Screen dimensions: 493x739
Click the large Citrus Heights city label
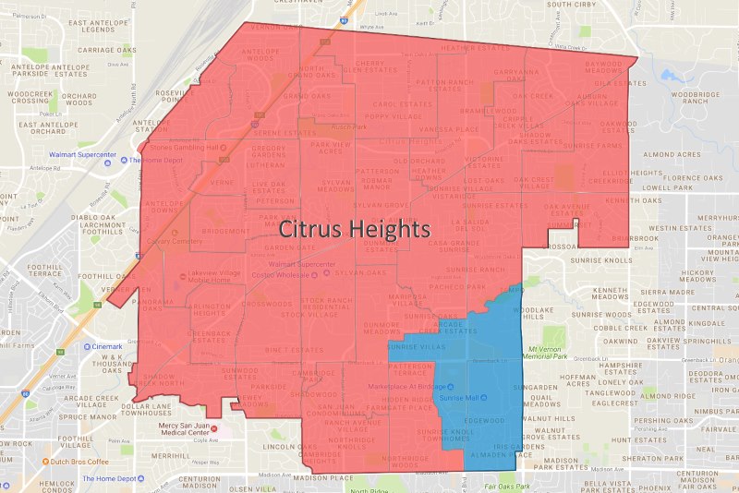tap(355, 227)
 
